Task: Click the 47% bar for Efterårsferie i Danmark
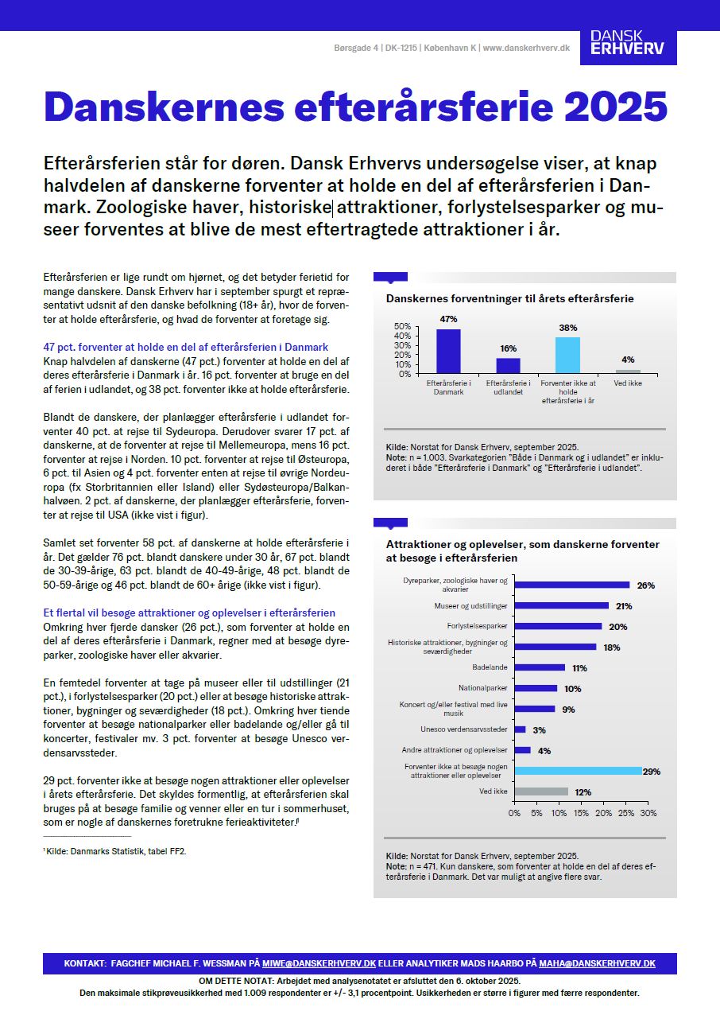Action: click(448, 351)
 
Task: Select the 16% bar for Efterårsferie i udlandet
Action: click(509, 365)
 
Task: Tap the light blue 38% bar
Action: click(567, 355)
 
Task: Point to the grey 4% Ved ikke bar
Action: click(628, 371)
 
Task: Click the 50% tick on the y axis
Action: click(402, 326)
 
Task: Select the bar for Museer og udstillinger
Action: click(561, 606)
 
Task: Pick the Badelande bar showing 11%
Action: click(540, 667)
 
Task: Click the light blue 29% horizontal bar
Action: click(578, 771)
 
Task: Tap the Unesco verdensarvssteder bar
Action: click(520, 729)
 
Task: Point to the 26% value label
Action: click(645, 585)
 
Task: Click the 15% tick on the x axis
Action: click(582, 813)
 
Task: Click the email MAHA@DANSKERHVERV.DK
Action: click(597, 963)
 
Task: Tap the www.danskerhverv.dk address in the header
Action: click(526, 48)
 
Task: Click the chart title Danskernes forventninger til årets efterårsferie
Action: click(509, 299)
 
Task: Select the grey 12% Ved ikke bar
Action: click(541, 791)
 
